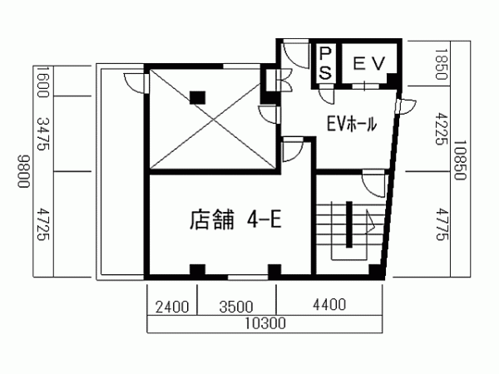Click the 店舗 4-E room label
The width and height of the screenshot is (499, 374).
click(x=235, y=219)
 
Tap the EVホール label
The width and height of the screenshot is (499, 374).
click(x=352, y=124)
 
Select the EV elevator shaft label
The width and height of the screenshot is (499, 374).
click(x=369, y=63)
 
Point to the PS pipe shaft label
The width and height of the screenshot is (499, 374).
click(x=325, y=63)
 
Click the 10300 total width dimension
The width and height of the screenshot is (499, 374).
click(x=264, y=323)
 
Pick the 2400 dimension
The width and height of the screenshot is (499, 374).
click(x=172, y=307)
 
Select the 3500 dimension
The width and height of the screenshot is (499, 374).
click(x=236, y=307)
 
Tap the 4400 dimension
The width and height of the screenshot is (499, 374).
click(x=329, y=304)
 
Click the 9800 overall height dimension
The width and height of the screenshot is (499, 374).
click(x=23, y=171)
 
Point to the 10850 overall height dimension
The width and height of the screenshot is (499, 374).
click(x=460, y=160)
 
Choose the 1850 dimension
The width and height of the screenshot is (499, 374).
click(x=442, y=64)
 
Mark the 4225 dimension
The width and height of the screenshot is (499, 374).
click(x=442, y=129)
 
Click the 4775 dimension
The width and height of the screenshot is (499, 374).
click(x=442, y=224)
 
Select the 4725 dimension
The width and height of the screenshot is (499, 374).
click(x=43, y=224)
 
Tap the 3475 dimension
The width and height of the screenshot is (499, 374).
click(x=43, y=134)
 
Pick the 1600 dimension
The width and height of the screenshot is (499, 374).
click(x=42, y=81)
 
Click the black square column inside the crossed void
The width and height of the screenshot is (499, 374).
click(x=197, y=97)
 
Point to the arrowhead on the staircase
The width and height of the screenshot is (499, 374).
click(x=370, y=222)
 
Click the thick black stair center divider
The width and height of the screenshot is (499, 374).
click(x=349, y=224)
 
